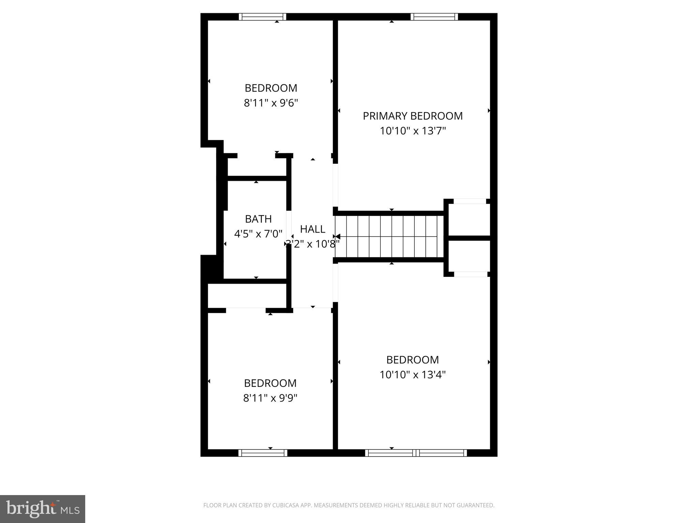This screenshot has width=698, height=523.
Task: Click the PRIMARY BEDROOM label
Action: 412,116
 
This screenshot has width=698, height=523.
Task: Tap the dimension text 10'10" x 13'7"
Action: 413,131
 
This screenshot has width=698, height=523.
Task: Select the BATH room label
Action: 258,219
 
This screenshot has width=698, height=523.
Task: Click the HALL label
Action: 312,229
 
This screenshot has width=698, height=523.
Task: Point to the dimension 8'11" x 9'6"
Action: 271,103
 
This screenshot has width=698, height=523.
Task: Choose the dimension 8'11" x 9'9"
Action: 270,398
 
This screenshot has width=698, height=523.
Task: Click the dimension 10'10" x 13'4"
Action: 413,375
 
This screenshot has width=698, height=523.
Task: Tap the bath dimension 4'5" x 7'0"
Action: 258,234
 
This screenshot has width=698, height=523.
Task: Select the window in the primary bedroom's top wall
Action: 434,17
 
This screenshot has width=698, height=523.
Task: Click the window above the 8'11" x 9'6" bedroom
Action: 262,17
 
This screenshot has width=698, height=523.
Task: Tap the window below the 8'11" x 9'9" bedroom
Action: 262,453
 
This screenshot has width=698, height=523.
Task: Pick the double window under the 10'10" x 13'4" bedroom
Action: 416,453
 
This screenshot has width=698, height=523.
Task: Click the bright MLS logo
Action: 42,508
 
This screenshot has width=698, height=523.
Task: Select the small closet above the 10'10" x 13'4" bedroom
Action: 469,256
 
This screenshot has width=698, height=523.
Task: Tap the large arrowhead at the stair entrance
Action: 337,236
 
